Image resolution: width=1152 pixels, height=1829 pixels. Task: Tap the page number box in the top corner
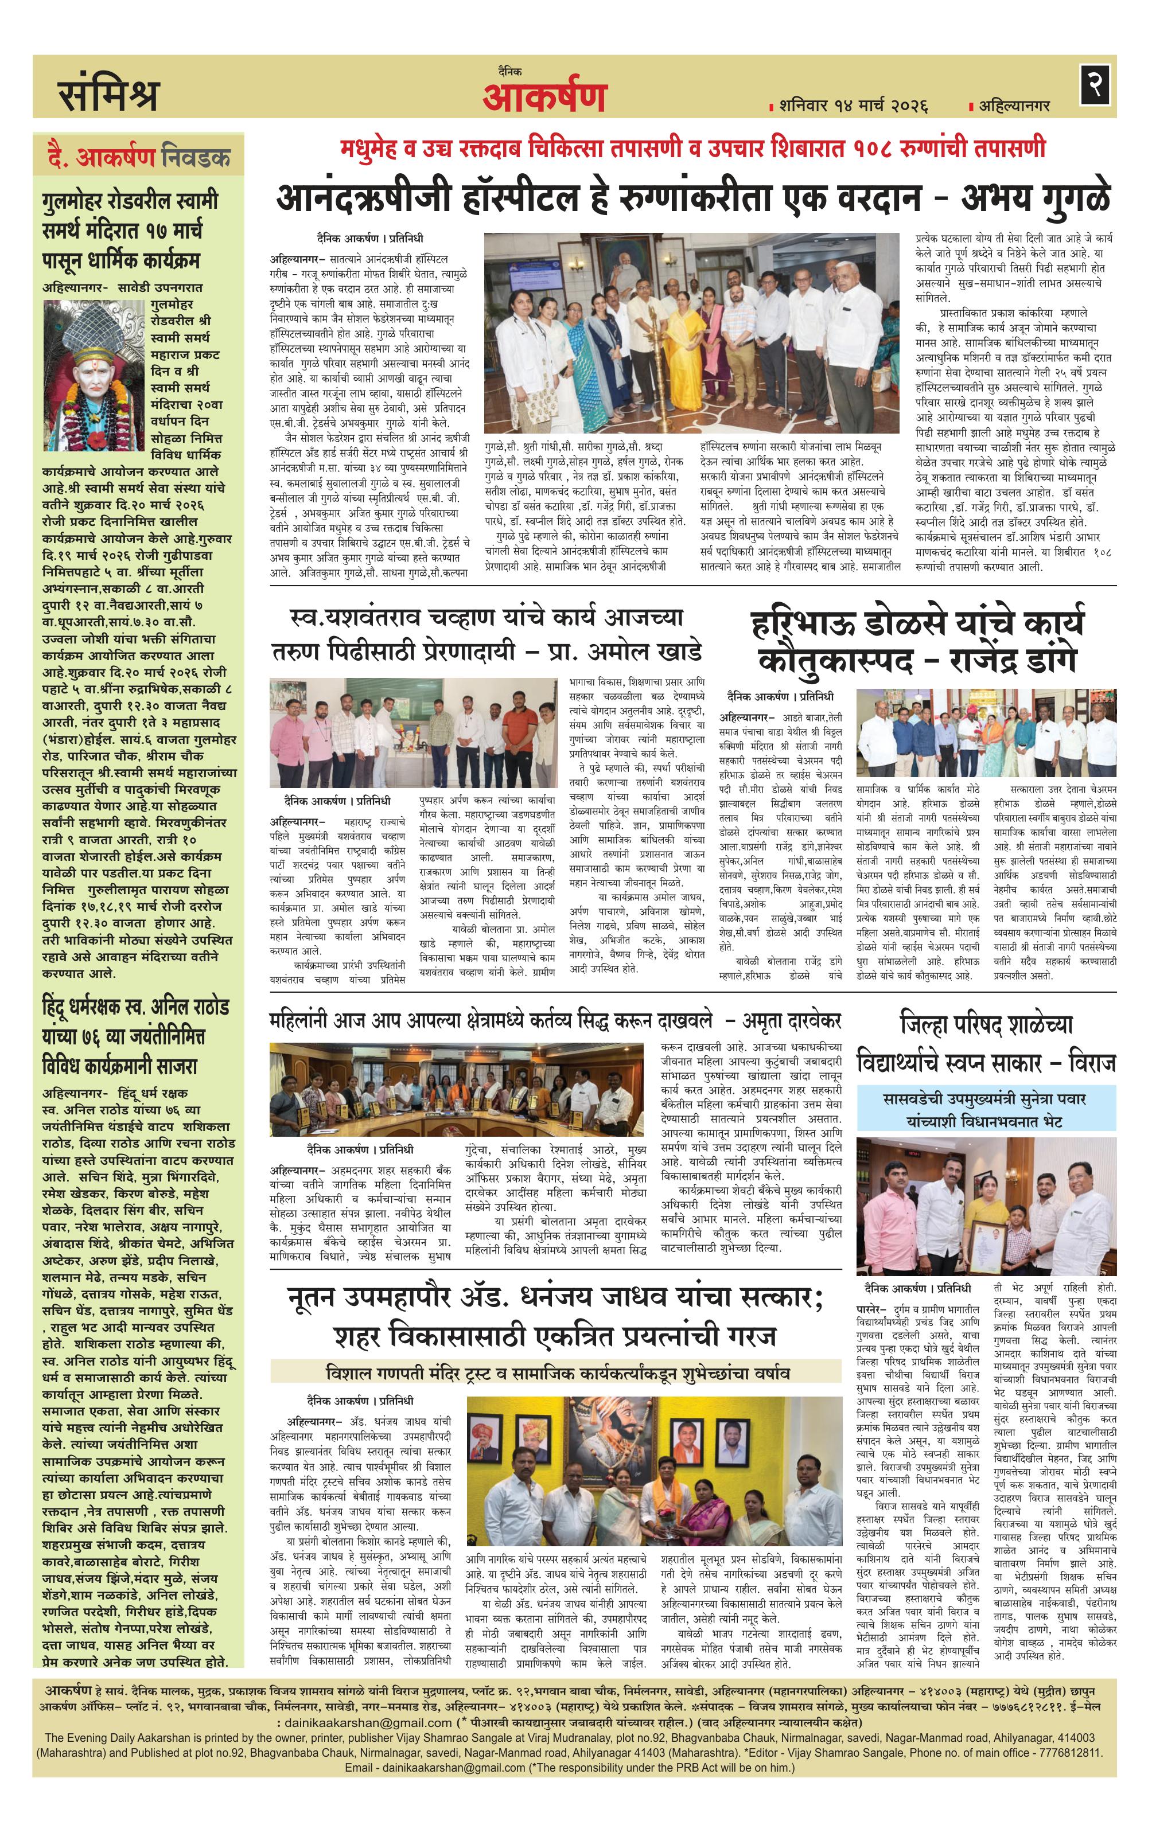[1096, 84]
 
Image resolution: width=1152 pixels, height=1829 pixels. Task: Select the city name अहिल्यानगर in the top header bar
[1014, 105]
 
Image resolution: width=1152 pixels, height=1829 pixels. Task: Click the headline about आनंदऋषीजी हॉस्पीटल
[692, 198]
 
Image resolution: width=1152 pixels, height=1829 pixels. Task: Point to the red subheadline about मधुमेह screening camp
[692, 147]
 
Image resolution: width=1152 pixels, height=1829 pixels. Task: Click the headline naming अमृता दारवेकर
[555, 1020]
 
